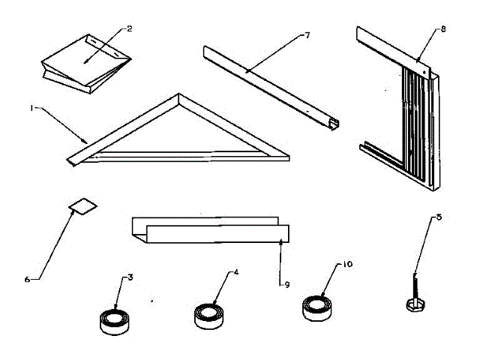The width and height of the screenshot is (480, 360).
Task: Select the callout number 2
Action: pyautogui.click(x=129, y=28)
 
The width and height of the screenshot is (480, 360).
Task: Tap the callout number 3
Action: pyautogui.click(x=130, y=278)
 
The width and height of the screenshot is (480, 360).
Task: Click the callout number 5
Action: pyautogui.click(x=439, y=218)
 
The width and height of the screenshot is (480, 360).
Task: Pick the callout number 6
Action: pyautogui.click(x=28, y=279)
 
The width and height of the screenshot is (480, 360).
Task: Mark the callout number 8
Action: pyautogui.click(x=442, y=29)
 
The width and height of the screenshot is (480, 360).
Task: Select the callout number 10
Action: pyautogui.click(x=347, y=265)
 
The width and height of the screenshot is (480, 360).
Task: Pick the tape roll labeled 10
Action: pyautogui.click(x=317, y=308)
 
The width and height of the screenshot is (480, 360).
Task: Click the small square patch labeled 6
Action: pyautogui.click(x=83, y=206)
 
